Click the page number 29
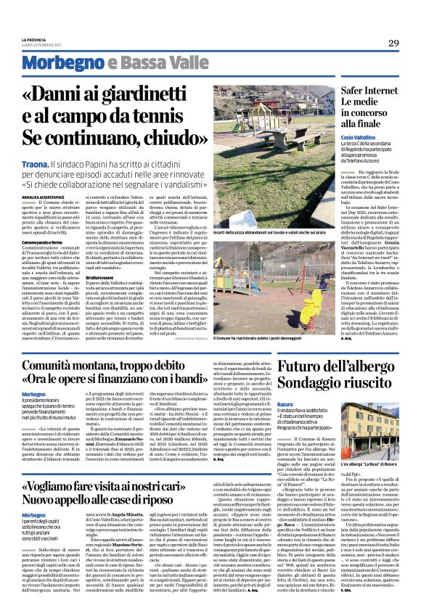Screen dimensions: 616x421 [393, 43]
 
